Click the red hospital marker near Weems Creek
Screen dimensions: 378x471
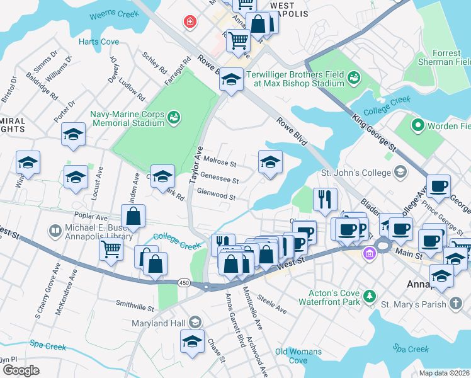click(189, 23)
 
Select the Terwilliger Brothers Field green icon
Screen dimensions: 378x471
click(354, 77)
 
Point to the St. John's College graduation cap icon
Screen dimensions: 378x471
click(399, 172)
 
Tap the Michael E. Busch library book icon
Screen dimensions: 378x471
click(56, 232)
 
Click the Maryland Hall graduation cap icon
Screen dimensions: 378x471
click(195, 323)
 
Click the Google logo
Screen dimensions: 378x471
click(21, 370)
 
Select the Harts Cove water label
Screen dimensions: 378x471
click(99, 42)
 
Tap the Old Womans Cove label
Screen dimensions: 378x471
click(298, 356)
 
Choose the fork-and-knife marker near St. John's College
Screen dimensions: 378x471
click(325, 198)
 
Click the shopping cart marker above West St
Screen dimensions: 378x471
click(111, 249)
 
